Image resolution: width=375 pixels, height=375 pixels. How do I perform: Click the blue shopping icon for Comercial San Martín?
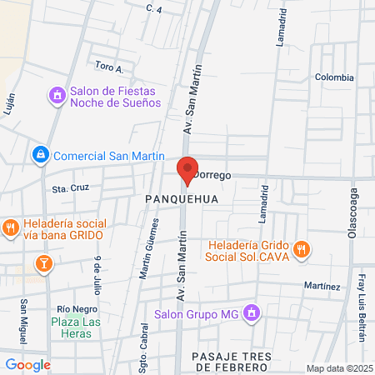pyautogui.click(x=39, y=155)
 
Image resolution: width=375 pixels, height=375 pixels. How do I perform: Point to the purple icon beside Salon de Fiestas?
pyautogui.click(x=57, y=96)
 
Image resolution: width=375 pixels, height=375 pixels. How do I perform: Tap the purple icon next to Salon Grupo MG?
pyautogui.click(x=252, y=314)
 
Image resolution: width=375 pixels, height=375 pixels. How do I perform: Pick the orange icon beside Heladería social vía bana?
pyautogui.click(x=10, y=227)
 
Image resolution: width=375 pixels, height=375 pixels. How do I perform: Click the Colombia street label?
pyautogui.click(x=334, y=77)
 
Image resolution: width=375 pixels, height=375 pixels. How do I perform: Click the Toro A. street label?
pyautogui.click(x=109, y=67)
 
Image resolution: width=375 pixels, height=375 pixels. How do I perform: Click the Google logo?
pyautogui.click(x=27, y=364)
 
